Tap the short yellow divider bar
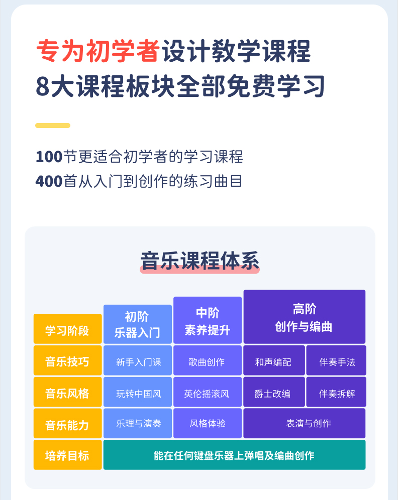pyautogui.click(x=53, y=126)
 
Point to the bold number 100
pyautogui.click(x=49, y=157)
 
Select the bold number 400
pyautogui.click(x=49, y=181)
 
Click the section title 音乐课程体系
pyautogui.click(x=200, y=262)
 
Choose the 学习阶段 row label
pyautogui.click(x=67, y=330)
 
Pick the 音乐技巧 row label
pyautogui.click(x=67, y=361)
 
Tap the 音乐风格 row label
pyautogui.click(x=67, y=393)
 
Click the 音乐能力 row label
pyautogui.click(x=67, y=425)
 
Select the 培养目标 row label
pyautogui.click(x=67, y=455)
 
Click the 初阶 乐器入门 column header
pyautogui.click(x=137, y=324)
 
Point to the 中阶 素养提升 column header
pyautogui.click(x=208, y=321)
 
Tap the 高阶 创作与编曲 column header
pyautogui.click(x=304, y=317)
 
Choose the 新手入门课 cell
pyautogui.click(x=138, y=361)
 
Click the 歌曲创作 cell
pyautogui.click(x=207, y=361)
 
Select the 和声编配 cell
pyautogui.click(x=273, y=361)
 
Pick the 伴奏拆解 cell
pyautogui.click(x=336, y=393)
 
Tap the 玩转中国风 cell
pyautogui.click(x=138, y=393)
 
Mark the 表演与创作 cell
pyautogui.click(x=304, y=424)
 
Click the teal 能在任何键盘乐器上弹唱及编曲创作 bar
pyautogui.click(x=234, y=455)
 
